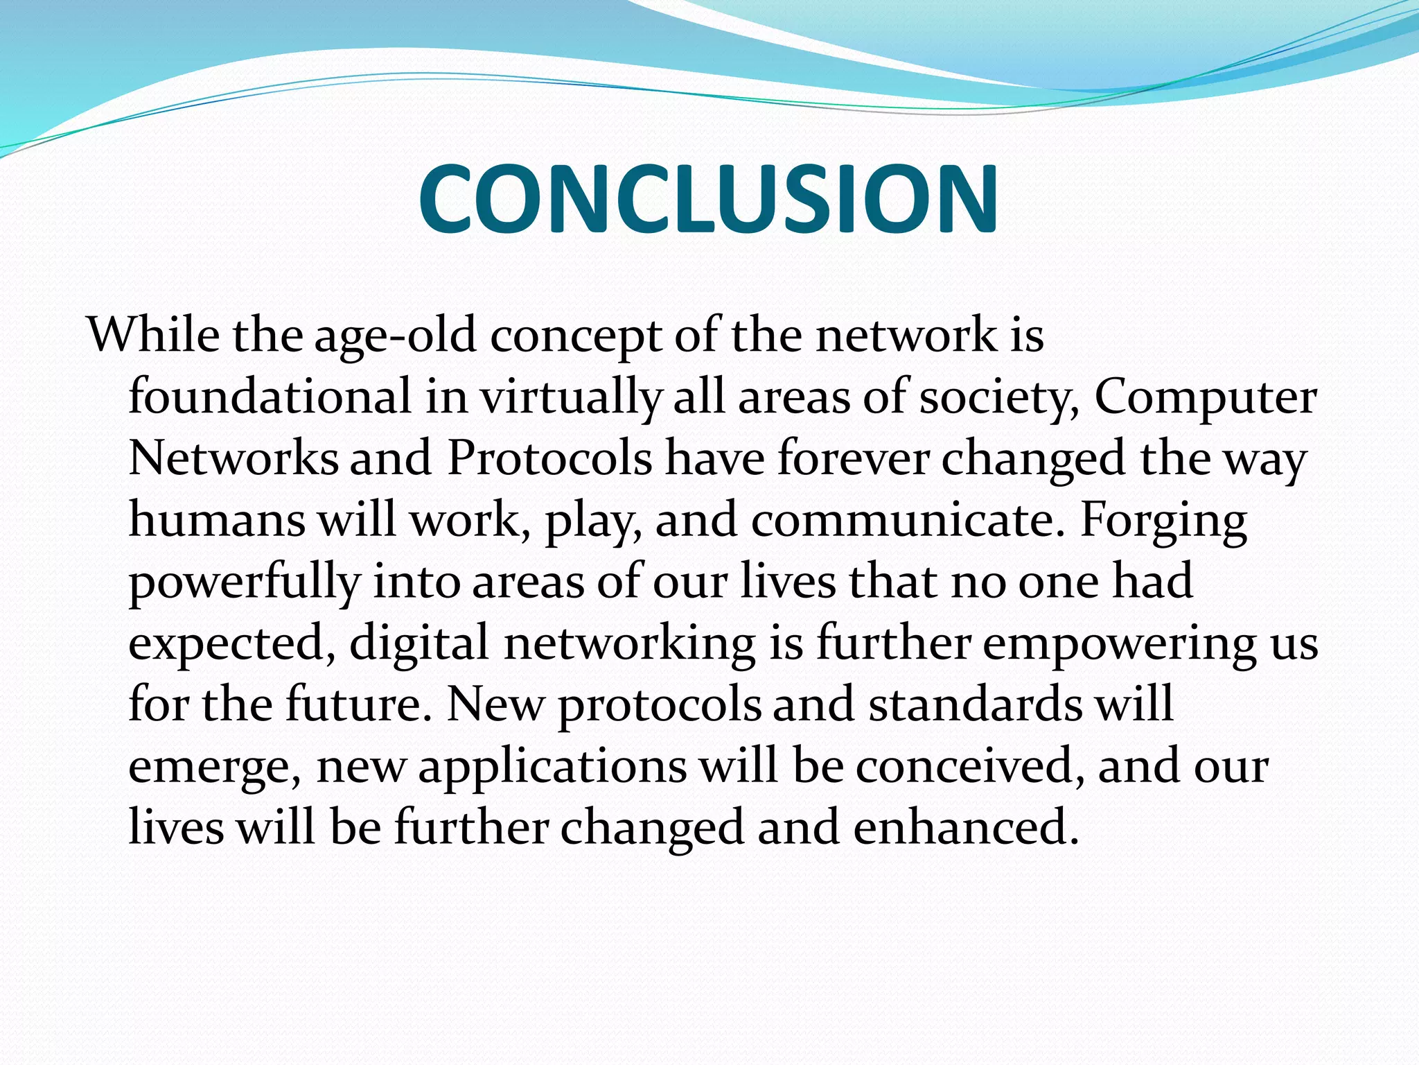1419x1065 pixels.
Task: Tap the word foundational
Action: tap(270, 397)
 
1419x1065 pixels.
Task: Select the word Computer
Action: tap(1205, 398)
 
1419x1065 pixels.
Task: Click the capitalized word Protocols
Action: tap(549, 458)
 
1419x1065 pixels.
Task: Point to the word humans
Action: tap(217, 520)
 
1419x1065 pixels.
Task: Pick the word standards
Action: tap(976, 704)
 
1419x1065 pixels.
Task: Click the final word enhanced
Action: tap(966, 827)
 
